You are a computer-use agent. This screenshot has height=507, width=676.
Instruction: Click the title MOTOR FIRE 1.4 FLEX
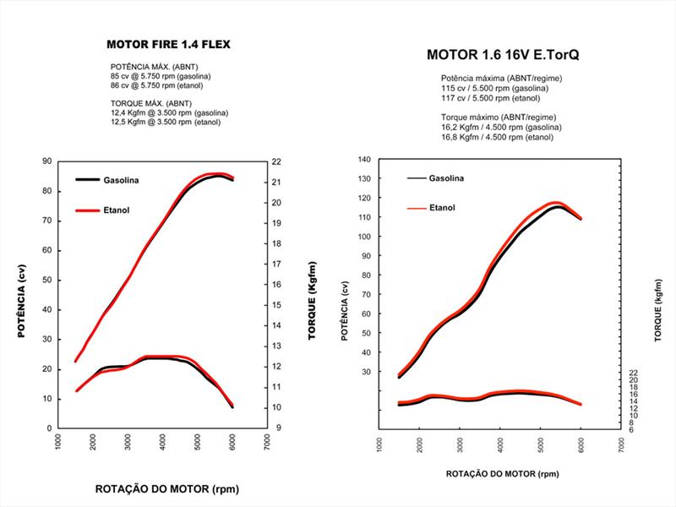pos(168,44)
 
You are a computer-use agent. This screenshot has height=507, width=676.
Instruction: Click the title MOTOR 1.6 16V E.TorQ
pos(497,57)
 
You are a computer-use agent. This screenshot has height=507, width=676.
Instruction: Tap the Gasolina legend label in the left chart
pos(122,180)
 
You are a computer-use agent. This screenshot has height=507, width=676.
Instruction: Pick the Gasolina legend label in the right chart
pos(447,178)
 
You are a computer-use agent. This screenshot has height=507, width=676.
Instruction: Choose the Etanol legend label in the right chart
pos(442,207)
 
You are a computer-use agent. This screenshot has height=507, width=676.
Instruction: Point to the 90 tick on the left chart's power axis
pos(46,161)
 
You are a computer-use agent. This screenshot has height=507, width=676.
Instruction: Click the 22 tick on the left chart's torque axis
pos(275,161)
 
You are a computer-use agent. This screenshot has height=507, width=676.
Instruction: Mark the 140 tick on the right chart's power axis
pos(363,159)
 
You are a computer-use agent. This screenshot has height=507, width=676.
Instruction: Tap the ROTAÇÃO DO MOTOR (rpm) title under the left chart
pos(166,488)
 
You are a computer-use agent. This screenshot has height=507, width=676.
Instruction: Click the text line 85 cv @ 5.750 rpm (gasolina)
pos(161,76)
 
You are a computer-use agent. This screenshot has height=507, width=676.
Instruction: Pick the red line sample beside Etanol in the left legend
pos(89,210)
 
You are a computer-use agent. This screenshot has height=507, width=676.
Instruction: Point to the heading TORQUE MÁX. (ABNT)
pos(151,103)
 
